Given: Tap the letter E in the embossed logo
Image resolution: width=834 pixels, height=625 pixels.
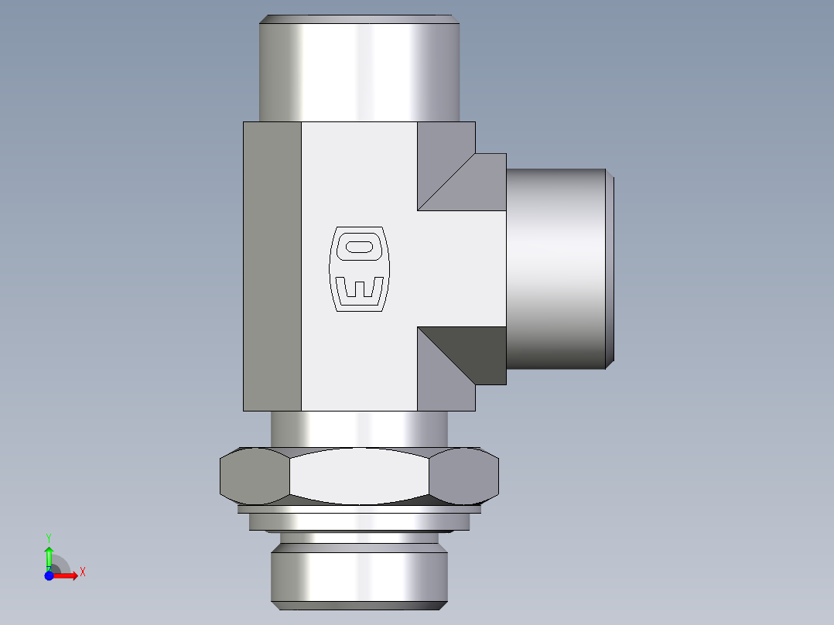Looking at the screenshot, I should click(359, 289).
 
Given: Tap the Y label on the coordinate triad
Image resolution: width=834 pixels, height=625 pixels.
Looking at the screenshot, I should click(49, 537).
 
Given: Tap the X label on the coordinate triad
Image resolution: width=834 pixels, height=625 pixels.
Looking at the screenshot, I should click(83, 572).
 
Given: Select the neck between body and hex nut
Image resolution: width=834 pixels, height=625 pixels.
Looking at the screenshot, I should click(359, 429).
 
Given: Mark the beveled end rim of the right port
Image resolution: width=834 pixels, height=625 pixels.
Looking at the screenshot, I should click(610, 268).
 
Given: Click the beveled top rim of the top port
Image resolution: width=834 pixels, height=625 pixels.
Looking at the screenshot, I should click(359, 19).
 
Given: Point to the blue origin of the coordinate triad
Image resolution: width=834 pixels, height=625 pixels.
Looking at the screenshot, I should click(49, 575).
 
